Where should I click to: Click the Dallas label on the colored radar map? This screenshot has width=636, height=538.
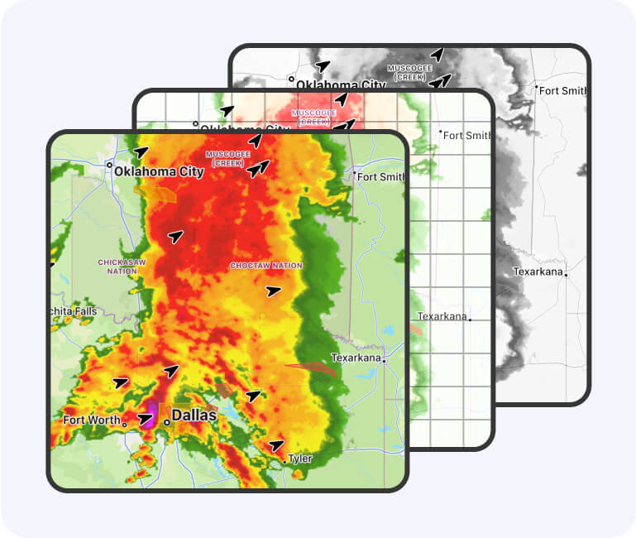click(x=194, y=415)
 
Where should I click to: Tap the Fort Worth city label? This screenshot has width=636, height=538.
click(x=92, y=420)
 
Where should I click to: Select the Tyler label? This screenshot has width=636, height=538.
click(x=300, y=459)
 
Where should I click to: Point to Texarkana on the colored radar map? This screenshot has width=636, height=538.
click(x=356, y=358)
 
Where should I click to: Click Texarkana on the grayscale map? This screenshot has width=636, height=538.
click(x=538, y=271)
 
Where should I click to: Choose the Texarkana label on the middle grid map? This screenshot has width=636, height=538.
click(x=442, y=316)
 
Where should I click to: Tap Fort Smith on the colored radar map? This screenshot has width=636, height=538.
click(x=381, y=176)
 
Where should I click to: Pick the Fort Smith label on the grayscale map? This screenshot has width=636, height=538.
click(x=566, y=90)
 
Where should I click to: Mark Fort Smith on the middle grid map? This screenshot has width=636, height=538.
click(x=467, y=135)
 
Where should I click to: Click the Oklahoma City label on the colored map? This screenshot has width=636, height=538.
click(x=159, y=172)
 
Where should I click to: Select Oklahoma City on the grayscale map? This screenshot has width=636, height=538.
click(x=341, y=84)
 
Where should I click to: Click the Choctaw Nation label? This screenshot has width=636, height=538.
click(x=266, y=266)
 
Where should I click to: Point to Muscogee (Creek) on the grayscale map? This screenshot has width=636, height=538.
click(x=409, y=72)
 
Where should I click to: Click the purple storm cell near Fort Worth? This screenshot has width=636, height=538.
click(x=151, y=411)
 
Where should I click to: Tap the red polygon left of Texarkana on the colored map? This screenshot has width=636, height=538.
click(x=311, y=368)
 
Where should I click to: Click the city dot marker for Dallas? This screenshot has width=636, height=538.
click(x=166, y=422)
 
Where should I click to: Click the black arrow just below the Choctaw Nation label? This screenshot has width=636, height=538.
click(x=273, y=291)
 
